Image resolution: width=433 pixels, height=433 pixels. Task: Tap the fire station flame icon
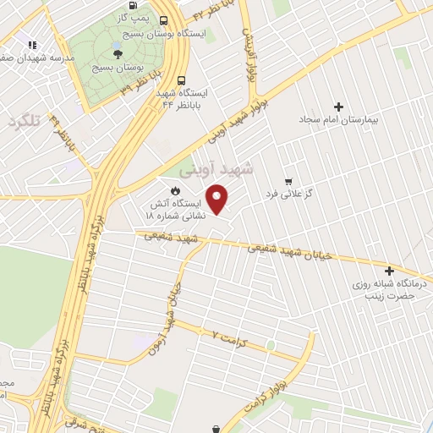176,189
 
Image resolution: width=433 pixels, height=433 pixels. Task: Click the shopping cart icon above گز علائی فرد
288,182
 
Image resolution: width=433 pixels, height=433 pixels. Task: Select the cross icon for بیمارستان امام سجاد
339,107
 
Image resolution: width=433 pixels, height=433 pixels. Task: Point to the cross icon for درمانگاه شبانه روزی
389,271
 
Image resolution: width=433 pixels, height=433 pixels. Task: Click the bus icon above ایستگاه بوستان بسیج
162,21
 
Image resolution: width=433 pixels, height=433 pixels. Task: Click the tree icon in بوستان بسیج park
129,53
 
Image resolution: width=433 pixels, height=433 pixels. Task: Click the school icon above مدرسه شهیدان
32,45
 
